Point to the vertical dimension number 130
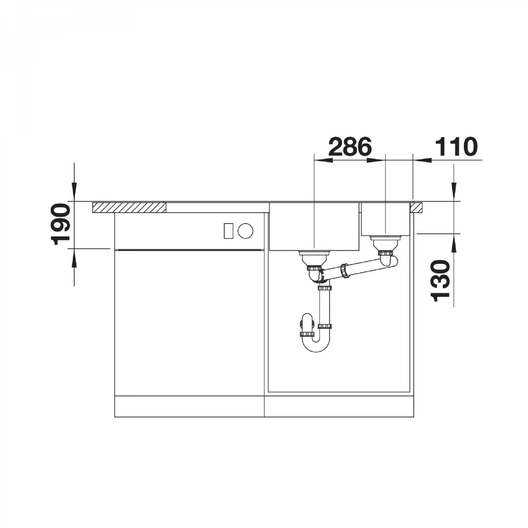point(441,281)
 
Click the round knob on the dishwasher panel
point(245,231)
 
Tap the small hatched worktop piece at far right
point(417,207)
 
